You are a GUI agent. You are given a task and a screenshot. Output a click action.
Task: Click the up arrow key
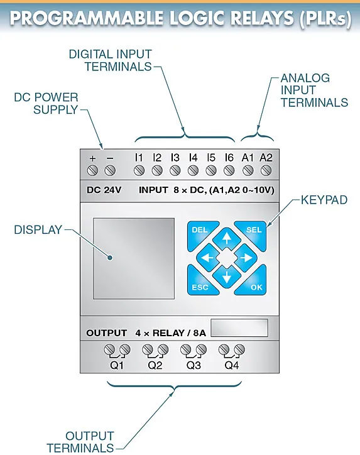[x=227, y=238]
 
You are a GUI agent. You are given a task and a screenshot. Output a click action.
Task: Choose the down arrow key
[x=227, y=277]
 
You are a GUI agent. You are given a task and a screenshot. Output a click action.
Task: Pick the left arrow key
[x=207, y=258]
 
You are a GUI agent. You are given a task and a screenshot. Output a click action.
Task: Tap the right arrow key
[x=246, y=258]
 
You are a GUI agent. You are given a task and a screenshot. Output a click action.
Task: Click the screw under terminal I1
[x=139, y=170]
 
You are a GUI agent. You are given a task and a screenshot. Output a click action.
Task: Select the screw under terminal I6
[x=229, y=170]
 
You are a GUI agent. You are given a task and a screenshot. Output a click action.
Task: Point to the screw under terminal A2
[x=266, y=170]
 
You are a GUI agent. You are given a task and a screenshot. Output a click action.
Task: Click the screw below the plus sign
[x=92, y=170]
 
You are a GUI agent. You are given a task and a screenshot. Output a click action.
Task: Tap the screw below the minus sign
[x=110, y=170]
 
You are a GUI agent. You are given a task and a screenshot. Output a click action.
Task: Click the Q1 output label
[x=117, y=365]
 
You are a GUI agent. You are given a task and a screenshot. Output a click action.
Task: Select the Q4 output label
[x=231, y=365]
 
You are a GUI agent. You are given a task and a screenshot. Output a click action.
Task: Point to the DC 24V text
[x=104, y=190]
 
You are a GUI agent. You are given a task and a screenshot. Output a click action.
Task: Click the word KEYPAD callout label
[x=324, y=200]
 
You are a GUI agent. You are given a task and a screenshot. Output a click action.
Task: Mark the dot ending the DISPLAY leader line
[x=110, y=258]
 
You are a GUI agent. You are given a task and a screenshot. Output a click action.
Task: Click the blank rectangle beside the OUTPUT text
[x=239, y=328]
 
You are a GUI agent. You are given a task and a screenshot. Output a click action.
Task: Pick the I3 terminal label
[x=175, y=158]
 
